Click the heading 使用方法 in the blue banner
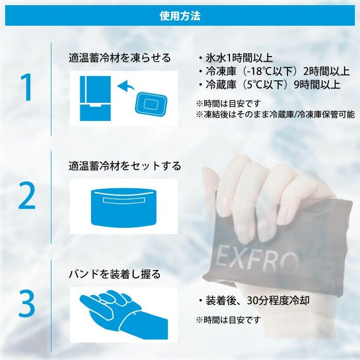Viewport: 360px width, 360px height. click(x=180, y=15)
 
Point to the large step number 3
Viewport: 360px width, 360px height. click(x=27, y=303)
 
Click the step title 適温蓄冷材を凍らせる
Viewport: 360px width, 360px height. click(x=120, y=58)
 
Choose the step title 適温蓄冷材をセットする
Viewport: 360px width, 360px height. click(x=125, y=166)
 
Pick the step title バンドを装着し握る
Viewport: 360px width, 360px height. click(x=115, y=274)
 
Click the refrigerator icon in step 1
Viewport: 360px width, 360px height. click(x=95, y=98)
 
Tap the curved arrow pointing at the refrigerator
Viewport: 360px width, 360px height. click(x=126, y=86)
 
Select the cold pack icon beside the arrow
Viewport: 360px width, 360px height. click(x=150, y=103)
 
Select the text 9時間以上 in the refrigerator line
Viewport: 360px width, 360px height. click(x=317, y=85)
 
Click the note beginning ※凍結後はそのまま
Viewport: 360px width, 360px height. click(x=275, y=114)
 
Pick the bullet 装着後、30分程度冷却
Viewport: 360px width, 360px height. click(x=255, y=300)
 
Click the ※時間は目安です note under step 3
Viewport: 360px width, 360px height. click(x=228, y=319)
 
